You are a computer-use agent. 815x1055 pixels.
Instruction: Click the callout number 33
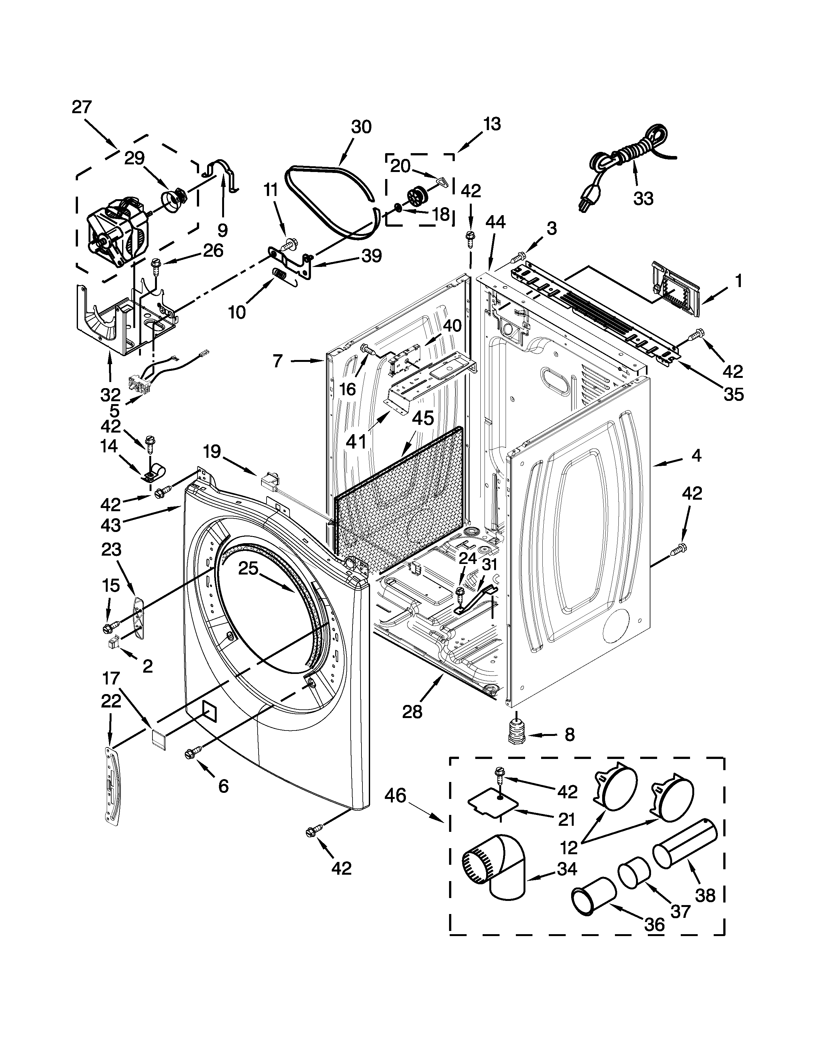pos(643,198)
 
